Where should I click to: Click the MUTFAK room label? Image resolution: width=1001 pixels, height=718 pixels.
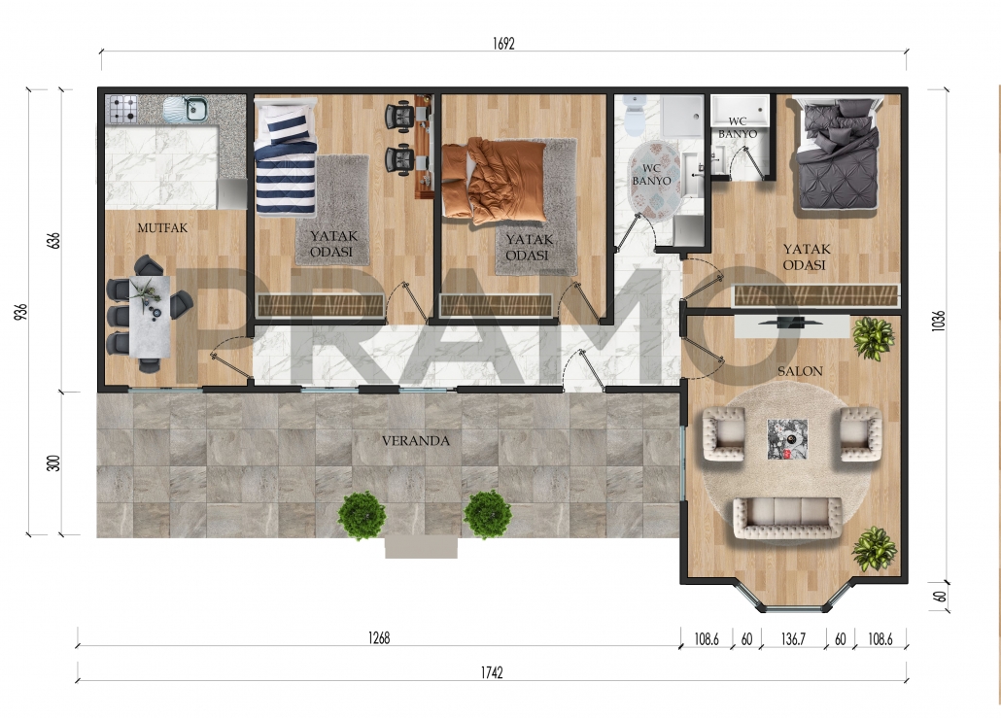163,228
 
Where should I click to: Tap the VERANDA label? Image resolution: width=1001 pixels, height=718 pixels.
416,440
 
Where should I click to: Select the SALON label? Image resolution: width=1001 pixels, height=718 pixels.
800,371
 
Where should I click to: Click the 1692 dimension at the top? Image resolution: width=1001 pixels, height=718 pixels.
503,44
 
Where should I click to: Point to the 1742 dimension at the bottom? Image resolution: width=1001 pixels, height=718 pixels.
492,672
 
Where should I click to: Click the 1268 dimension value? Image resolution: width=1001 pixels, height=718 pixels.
379,638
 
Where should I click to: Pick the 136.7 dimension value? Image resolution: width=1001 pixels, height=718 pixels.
793,639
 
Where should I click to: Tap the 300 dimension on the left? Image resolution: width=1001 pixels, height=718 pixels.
53,462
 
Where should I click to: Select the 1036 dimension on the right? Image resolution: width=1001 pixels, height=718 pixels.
938,321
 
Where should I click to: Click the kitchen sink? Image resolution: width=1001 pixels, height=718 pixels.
186,109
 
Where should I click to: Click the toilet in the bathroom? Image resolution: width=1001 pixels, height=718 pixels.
635,116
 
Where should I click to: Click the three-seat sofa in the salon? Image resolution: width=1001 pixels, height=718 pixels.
787,516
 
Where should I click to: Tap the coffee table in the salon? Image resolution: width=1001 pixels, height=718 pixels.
787,439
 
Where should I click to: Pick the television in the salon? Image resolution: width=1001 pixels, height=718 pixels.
782,323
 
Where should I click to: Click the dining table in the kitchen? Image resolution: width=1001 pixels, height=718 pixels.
150,316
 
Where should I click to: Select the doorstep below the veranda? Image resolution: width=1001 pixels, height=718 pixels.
422,547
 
